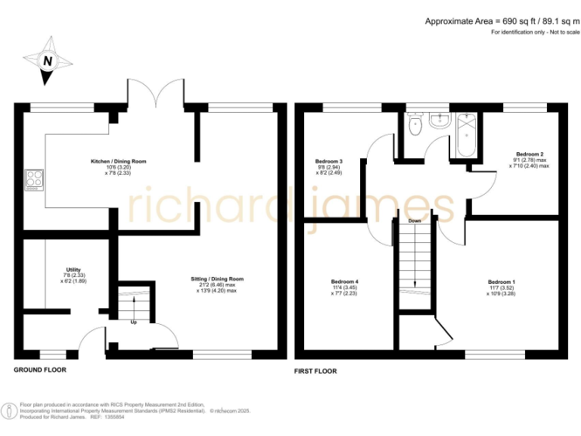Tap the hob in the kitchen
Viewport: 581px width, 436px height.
(35, 179)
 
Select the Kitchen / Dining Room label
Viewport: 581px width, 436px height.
(118, 161)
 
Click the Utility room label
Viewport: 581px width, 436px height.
(73, 269)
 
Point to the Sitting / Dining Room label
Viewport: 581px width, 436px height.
(216, 279)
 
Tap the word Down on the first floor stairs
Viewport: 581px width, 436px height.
(415, 221)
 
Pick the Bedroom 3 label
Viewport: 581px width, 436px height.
(329, 161)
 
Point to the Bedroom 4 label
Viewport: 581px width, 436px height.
(346, 282)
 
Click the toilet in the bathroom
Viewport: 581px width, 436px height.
(413, 126)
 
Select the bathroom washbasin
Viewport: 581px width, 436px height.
(437, 120)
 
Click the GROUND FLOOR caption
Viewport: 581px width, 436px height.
(40, 370)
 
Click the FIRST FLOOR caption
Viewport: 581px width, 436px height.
(315, 371)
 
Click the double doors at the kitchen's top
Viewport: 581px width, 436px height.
(157, 95)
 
